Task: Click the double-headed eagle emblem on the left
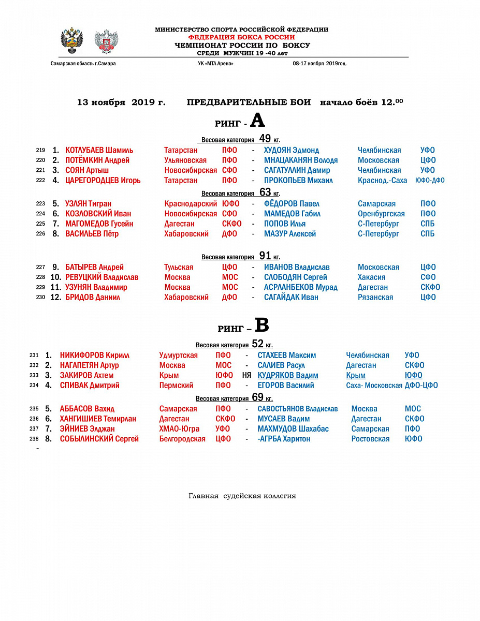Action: [72, 40]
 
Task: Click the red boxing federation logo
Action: [106, 41]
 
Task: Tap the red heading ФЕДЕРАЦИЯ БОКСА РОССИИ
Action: [241, 37]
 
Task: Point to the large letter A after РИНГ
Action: [257, 121]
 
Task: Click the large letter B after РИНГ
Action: [262, 326]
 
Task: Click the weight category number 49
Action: [265, 139]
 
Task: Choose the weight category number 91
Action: [265, 256]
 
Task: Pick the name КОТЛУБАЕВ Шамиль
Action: [99, 151]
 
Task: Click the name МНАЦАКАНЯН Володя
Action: [301, 160]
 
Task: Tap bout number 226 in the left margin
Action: [40, 234]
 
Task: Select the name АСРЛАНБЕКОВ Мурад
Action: [301, 287]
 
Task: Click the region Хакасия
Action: [371, 277]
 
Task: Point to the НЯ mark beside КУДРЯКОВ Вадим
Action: [246, 376]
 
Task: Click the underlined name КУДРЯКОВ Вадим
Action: [288, 376]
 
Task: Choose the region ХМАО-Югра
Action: [179, 429]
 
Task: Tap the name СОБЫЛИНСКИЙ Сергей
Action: [99, 439]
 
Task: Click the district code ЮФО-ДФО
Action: [430, 181]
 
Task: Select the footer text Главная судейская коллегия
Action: [242, 496]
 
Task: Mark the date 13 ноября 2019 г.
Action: [121, 102]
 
